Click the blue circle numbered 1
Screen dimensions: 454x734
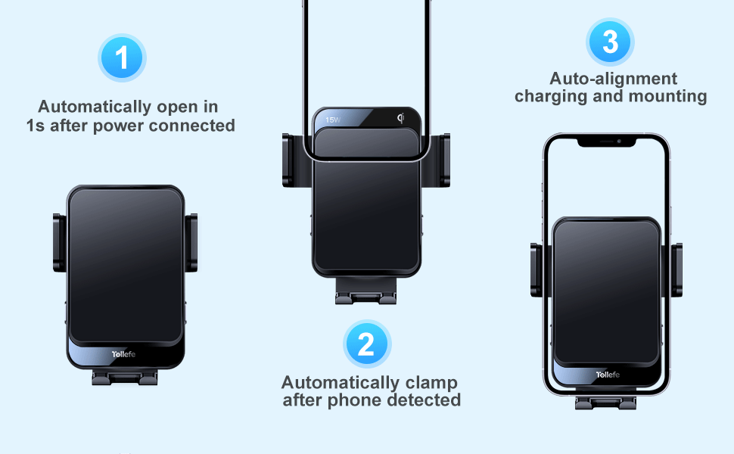point(122,58)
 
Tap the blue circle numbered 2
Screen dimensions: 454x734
point(367,344)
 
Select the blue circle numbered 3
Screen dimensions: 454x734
point(610,42)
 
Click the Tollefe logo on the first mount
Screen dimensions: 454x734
point(126,354)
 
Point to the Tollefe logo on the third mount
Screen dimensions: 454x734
point(608,375)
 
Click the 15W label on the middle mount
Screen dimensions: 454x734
point(333,120)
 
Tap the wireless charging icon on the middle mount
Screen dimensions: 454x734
point(400,118)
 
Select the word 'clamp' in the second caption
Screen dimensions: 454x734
point(429,383)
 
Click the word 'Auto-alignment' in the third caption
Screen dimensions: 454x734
point(614,79)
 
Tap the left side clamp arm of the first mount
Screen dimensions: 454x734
point(58,243)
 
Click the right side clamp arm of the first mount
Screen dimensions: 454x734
point(192,243)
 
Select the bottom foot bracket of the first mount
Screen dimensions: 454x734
point(126,377)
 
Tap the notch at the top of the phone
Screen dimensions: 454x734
point(607,141)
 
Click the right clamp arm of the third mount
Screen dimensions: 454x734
point(676,269)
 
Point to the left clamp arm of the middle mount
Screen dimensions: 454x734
point(289,160)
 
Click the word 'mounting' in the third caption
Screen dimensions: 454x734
point(668,97)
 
